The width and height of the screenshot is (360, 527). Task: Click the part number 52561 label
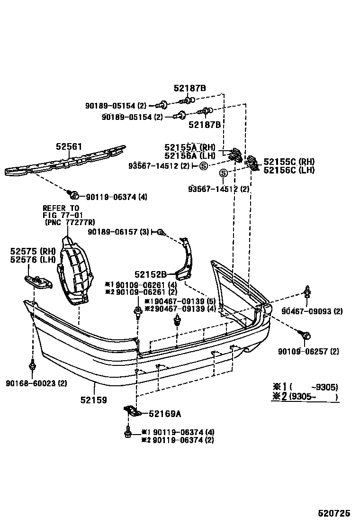coord(69,147)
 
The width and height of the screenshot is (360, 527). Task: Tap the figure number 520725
coord(333,513)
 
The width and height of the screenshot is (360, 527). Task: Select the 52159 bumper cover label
coord(93,400)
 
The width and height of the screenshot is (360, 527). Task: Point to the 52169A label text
coord(164,414)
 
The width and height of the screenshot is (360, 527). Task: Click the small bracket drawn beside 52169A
coord(132,411)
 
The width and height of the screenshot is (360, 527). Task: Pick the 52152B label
coord(150,274)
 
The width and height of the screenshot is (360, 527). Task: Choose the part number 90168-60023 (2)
coord(36,383)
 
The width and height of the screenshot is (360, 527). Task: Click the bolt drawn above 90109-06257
coord(306,336)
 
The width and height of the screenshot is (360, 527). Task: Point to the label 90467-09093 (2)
coord(312,311)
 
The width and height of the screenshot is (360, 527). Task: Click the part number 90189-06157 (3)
coord(118,232)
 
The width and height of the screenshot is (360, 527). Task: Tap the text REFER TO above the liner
coord(61,208)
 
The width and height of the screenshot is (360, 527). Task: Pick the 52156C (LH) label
coord(288,170)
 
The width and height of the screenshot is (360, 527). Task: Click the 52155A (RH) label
coord(189,147)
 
